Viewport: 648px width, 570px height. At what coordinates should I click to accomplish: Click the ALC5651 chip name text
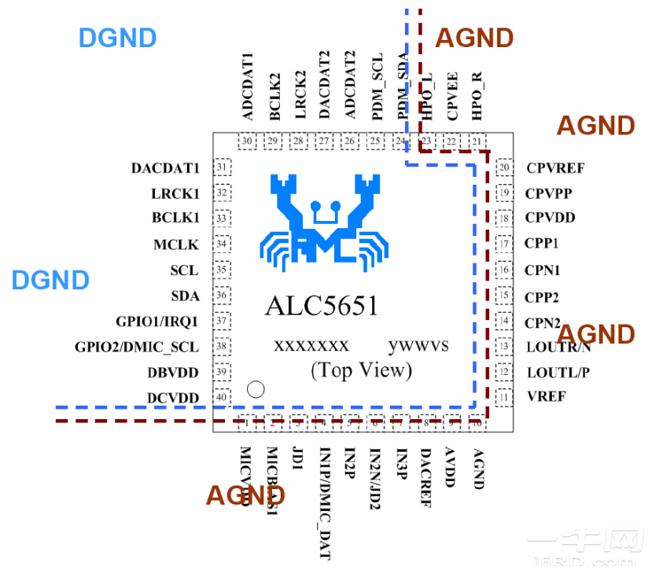(x=322, y=305)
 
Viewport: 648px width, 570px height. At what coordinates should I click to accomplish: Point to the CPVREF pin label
(x=555, y=167)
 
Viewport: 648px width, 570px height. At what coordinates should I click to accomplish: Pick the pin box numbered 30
(x=249, y=142)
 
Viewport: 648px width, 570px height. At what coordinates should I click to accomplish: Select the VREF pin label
(x=546, y=397)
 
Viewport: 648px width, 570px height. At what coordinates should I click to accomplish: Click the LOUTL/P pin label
(x=557, y=372)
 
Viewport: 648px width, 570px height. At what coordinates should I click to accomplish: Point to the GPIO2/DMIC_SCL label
(x=137, y=347)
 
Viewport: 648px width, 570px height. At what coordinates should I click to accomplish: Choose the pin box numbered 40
(x=222, y=398)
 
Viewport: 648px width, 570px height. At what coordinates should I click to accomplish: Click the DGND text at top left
(x=117, y=37)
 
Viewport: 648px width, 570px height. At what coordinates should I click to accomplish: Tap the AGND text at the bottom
(x=245, y=495)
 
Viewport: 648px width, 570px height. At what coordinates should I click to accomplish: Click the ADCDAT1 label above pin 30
(x=249, y=86)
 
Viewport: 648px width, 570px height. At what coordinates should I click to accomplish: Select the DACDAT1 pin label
(x=165, y=167)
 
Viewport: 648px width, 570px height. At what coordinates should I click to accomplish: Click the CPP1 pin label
(x=542, y=244)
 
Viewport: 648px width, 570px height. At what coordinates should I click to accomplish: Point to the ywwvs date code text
(x=418, y=345)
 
